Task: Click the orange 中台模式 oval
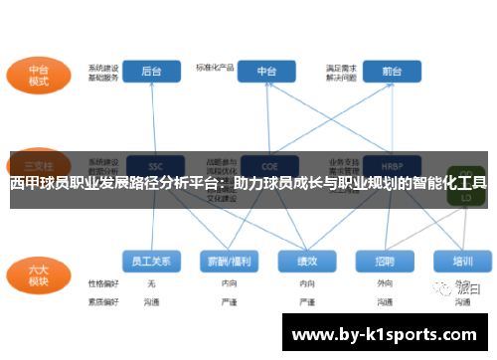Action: [39, 76]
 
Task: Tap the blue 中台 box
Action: [267, 71]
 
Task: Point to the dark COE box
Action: [267, 164]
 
